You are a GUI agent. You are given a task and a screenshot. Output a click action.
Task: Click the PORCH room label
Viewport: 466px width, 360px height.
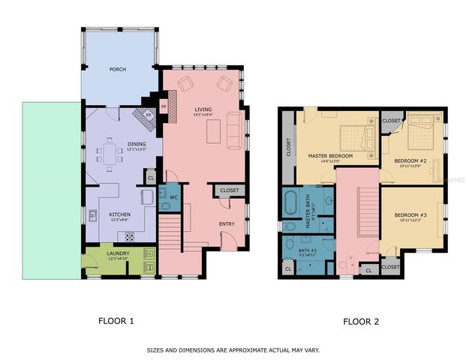pos(117,70)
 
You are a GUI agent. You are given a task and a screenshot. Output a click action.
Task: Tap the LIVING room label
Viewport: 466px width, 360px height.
pos(203,109)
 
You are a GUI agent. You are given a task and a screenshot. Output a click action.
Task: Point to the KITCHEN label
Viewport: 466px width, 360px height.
pos(120,214)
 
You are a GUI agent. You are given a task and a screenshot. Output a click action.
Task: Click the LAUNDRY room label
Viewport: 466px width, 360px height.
pos(118,253)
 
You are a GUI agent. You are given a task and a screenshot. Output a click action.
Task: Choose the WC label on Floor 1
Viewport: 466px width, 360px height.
pos(173,197)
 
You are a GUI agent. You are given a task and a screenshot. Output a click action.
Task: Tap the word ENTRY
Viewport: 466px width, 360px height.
pos(227,223)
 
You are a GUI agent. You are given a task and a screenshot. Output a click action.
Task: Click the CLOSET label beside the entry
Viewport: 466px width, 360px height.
pos(229,190)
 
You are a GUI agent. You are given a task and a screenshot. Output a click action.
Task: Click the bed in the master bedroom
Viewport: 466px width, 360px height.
pos(353,137)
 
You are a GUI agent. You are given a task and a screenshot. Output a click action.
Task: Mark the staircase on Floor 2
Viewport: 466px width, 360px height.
pos(367,211)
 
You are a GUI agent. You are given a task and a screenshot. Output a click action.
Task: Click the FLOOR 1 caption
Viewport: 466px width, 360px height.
pos(116,321)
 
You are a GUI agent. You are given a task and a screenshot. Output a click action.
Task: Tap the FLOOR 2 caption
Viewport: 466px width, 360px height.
pos(361,322)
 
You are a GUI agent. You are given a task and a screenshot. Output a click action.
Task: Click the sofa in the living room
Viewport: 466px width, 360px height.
pos(233,132)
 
